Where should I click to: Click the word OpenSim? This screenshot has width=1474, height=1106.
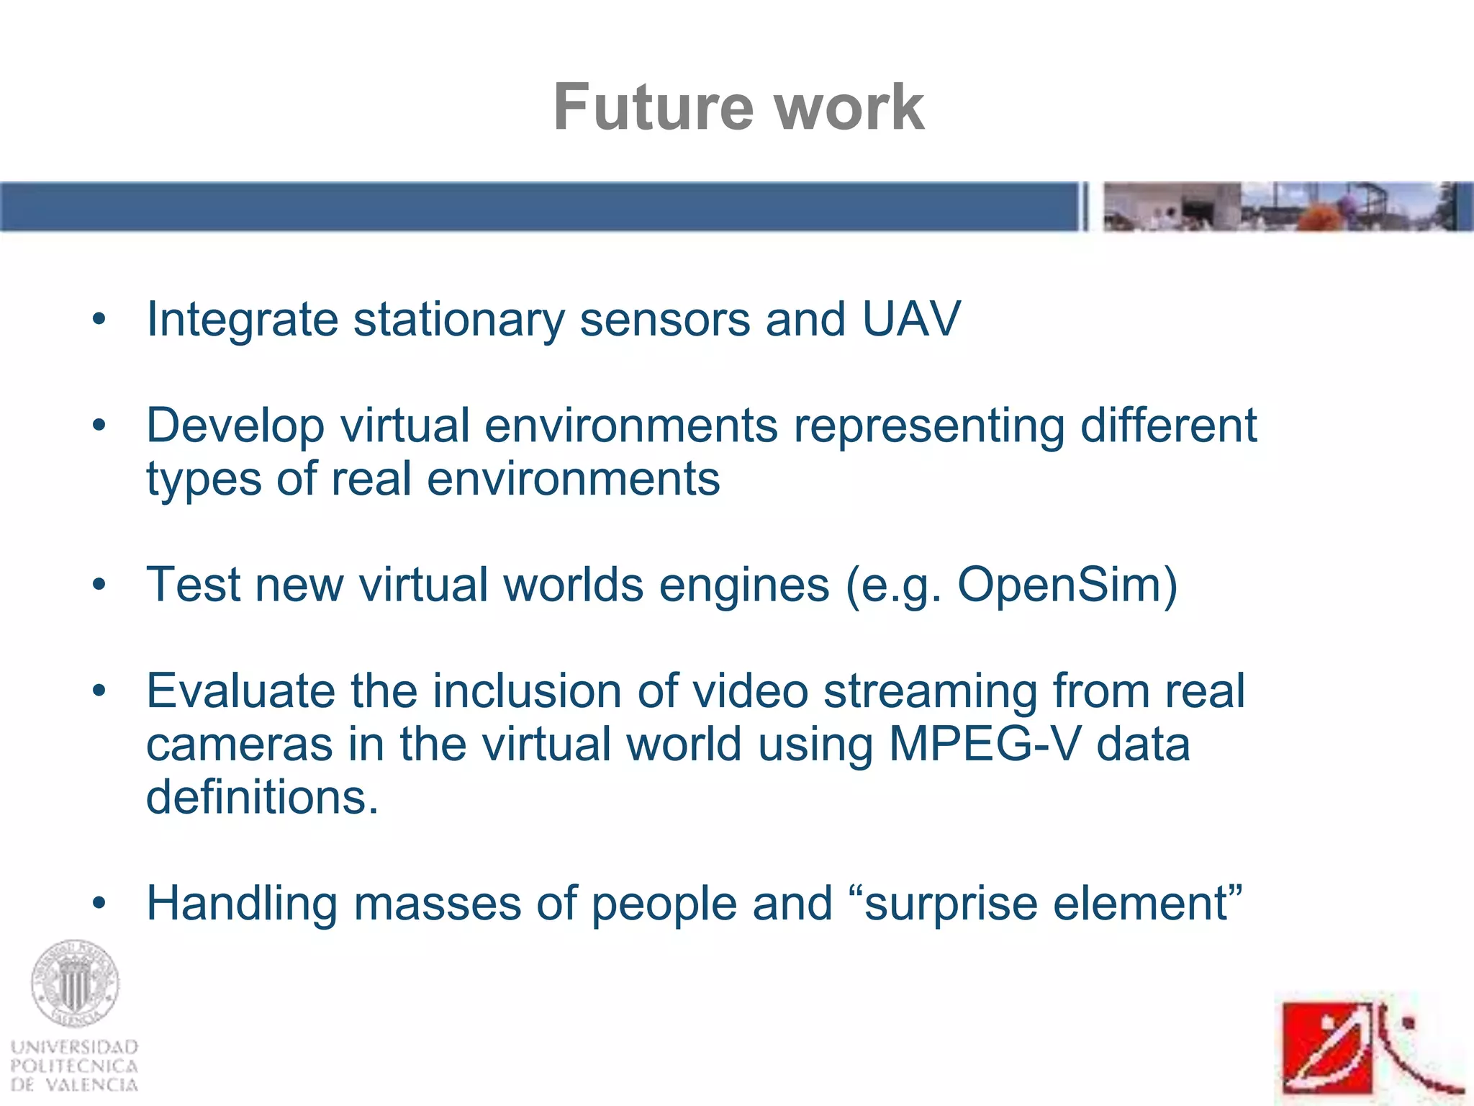click(x=1058, y=585)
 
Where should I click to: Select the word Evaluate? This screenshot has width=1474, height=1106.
click(x=240, y=691)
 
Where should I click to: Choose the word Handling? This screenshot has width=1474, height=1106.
click(x=242, y=904)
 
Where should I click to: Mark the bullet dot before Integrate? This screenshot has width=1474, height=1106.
click(x=99, y=319)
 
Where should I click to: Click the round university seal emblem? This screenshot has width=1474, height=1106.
click(x=74, y=984)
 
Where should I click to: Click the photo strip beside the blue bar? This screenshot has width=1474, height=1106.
click(x=1287, y=207)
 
